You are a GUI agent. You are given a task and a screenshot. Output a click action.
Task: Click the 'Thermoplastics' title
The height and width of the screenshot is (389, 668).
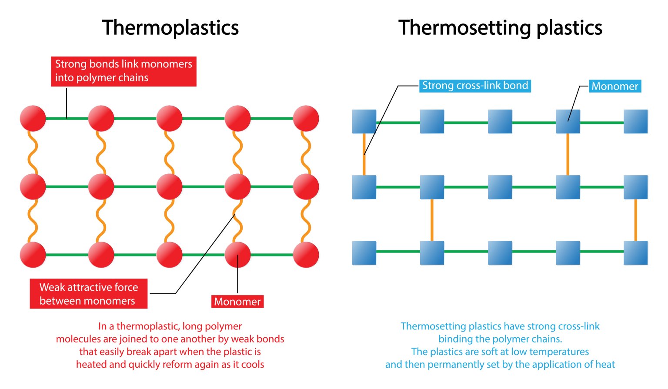coord(170,28)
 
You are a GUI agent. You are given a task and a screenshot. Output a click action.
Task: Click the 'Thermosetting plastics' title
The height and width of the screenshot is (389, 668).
coord(500,28)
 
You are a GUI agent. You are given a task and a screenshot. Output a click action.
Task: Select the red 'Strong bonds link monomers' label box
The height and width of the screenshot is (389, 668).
coord(124,71)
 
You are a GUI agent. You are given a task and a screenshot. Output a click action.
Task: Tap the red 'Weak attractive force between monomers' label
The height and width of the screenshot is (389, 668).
coord(88,294)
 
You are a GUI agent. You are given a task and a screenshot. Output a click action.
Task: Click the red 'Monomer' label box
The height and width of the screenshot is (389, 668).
coord(237,302)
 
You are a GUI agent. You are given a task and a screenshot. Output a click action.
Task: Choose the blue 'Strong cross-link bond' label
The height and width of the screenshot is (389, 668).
coord(475,86)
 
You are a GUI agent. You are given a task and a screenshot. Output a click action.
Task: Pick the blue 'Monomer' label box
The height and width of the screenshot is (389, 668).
coord(615,86)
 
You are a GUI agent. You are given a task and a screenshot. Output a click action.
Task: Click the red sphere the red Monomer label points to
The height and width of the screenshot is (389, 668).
coord(237,255)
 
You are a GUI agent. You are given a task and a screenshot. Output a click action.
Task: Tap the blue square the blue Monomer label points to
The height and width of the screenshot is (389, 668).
coord(568,121)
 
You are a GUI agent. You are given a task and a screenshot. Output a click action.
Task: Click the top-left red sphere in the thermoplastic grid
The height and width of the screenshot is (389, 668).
coord(33,118)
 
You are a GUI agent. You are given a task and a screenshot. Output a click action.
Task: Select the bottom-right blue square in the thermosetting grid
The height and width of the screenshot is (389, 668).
coord(635,253)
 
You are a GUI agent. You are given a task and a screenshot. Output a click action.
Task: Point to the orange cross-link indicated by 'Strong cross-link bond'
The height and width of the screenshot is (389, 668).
coord(364,154)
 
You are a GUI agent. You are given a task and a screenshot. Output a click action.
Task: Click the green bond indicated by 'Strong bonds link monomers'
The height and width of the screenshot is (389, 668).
coord(67,118)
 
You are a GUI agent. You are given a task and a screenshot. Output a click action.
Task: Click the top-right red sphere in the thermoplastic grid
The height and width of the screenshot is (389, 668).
coord(306,118)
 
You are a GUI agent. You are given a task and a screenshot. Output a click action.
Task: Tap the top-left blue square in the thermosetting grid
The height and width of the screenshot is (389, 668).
coord(364,121)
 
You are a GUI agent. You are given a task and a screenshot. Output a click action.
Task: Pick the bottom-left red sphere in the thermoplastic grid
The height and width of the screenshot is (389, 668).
coord(33,255)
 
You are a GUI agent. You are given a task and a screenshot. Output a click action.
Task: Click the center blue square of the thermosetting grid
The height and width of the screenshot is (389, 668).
coord(500,187)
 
